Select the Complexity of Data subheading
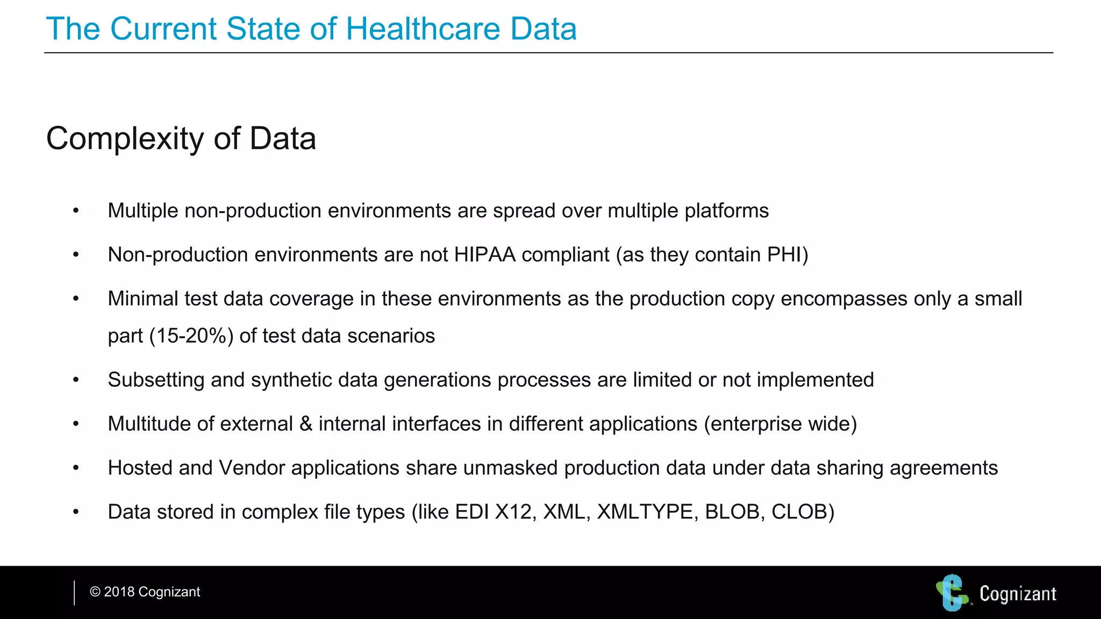coord(181,139)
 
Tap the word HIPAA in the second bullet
coord(484,255)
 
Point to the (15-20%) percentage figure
coord(191,336)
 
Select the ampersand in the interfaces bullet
coord(306,424)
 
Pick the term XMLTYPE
coord(645,512)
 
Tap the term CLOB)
coord(803,512)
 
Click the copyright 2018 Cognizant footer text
coord(145,592)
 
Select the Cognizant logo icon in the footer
coord(953,593)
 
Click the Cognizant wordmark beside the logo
coord(1018,594)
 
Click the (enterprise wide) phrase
coord(780,424)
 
